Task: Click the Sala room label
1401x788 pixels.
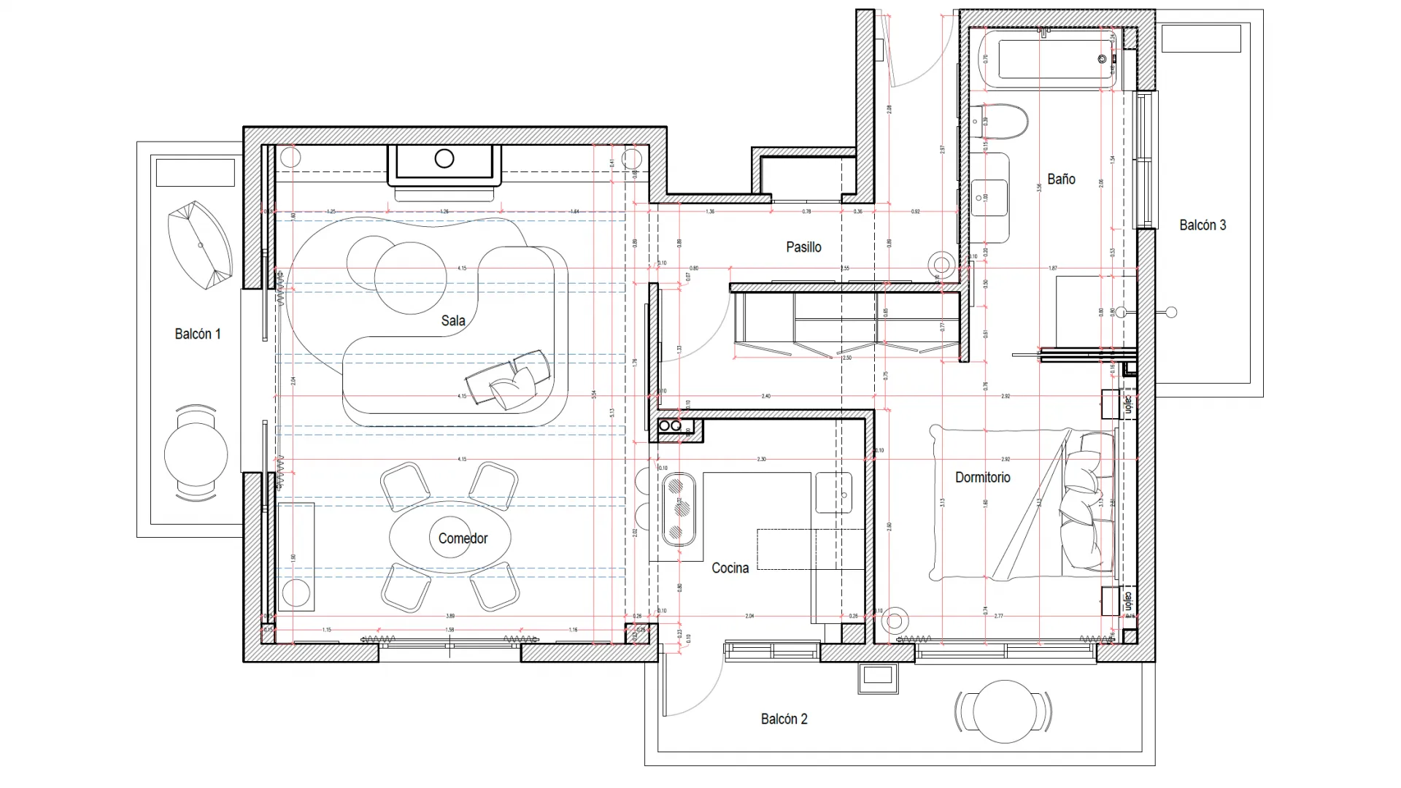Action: pos(452,320)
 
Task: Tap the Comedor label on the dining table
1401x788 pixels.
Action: pos(463,538)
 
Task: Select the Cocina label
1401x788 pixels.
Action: pos(730,568)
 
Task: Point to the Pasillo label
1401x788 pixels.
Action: pos(803,247)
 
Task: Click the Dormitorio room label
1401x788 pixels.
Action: pos(982,477)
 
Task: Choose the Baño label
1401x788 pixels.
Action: pos(1061,179)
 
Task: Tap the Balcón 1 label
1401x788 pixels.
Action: pos(197,333)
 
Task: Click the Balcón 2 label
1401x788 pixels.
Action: pos(784,719)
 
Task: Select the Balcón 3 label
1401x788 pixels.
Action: pos(1203,225)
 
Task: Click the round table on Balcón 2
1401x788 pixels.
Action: pos(1004,711)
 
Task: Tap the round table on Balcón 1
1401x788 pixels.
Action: pos(196,455)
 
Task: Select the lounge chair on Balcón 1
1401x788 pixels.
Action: pos(199,245)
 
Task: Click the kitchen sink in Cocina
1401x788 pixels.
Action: pos(833,492)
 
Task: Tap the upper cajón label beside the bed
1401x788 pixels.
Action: pos(1127,404)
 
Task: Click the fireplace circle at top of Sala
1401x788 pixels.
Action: pos(444,158)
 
